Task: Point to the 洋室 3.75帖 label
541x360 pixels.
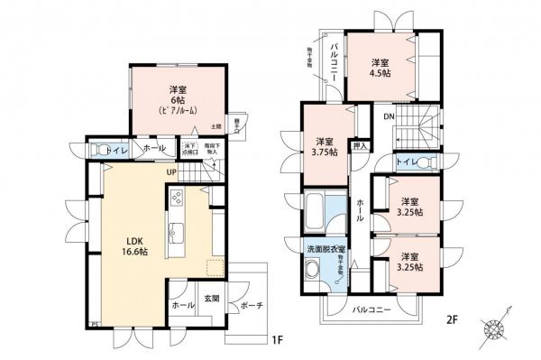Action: (326, 146)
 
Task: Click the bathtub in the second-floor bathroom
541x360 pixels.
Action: (317, 214)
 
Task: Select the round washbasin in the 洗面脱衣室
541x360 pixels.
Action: (312, 270)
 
